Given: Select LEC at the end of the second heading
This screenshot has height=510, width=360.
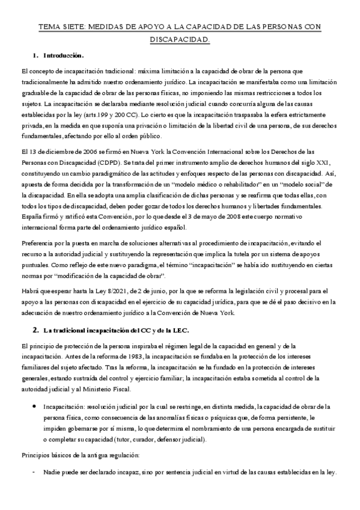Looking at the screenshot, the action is click(x=180, y=329).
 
